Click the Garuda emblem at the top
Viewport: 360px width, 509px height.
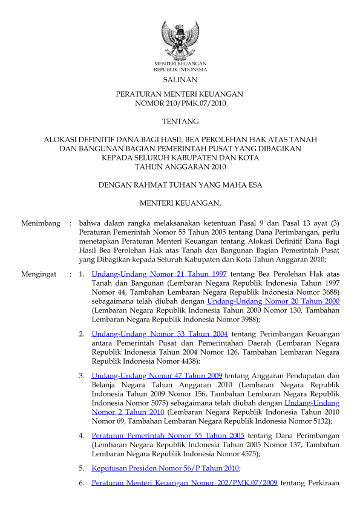click(x=180, y=38)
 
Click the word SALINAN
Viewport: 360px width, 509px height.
click(x=180, y=80)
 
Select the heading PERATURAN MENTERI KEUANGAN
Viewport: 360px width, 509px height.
click(x=180, y=94)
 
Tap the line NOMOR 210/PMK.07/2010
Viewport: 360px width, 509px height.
click(x=180, y=103)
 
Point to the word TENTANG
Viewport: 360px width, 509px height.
click(x=180, y=122)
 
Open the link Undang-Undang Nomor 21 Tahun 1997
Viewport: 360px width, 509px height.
click(x=159, y=274)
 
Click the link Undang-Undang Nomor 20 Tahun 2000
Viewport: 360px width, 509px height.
click(x=273, y=301)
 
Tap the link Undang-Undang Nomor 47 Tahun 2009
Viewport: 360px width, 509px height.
click(x=157, y=376)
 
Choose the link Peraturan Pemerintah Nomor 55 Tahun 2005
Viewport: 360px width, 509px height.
click(x=168, y=435)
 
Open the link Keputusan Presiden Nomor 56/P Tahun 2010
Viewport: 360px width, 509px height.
click(x=165, y=468)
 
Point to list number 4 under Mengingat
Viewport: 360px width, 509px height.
click(x=82, y=435)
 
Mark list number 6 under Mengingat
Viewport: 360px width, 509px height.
click(x=82, y=483)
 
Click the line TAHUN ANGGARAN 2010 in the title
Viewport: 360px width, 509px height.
click(x=180, y=167)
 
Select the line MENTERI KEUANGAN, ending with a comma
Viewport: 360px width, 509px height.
click(x=180, y=202)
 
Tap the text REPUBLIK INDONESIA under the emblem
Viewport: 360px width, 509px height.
click(x=180, y=70)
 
